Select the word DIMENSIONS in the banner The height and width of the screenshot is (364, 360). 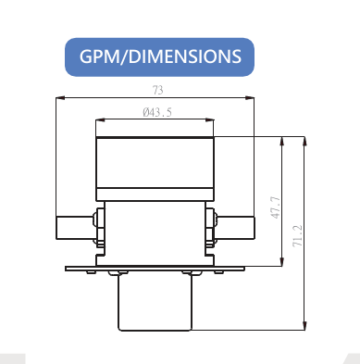(184, 56)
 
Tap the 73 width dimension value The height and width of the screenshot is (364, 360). (156, 90)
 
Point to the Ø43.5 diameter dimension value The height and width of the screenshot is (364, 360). (156, 112)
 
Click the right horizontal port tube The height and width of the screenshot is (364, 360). (236, 225)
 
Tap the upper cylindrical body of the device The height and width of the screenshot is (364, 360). (155, 167)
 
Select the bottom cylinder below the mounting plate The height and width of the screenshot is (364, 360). (155, 302)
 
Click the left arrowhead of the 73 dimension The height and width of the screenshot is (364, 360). (59, 97)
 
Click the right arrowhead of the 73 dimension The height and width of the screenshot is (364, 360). (253, 97)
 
